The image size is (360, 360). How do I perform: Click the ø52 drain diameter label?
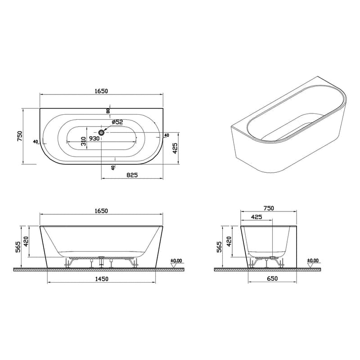coord(117,122)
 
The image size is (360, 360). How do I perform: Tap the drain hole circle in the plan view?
coord(101,132)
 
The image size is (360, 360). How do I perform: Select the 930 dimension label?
coord(94,139)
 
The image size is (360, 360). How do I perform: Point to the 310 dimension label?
coord(84,141)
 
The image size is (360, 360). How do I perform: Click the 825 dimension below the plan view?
coord(132,175)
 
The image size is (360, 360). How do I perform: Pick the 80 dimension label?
coord(108,111)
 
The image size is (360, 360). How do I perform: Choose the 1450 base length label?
coord(102,279)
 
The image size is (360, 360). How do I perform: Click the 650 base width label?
coord(272,279)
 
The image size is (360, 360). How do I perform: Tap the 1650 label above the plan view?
coord(101,91)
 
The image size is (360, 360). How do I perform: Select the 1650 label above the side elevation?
coord(101,211)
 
